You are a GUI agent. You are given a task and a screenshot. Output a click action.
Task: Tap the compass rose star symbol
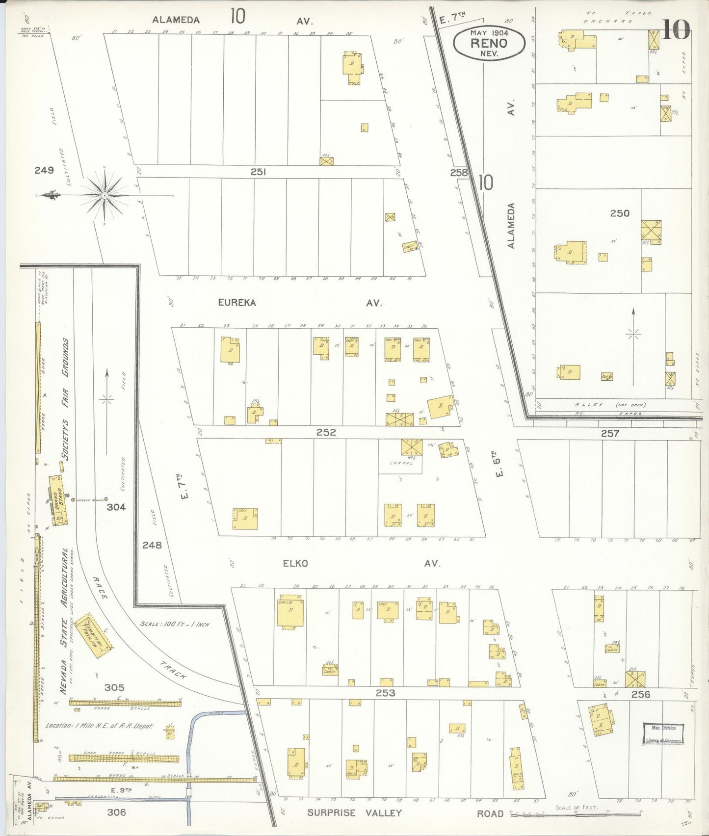(x=105, y=196)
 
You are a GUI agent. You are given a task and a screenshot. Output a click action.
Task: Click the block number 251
(x=258, y=172)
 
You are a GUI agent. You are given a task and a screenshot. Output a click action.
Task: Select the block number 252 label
(x=326, y=432)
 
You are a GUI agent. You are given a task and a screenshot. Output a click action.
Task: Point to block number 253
(x=385, y=693)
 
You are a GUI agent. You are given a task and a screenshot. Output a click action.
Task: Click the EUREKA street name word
(x=237, y=303)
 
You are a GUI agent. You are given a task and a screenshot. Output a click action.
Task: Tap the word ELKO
(x=295, y=563)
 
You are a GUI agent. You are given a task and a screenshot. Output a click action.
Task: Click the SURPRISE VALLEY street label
(x=354, y=813)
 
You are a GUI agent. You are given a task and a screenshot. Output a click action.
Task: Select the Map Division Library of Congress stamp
(x=663, y=734)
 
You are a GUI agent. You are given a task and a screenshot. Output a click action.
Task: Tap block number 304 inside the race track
(x=116, y=507)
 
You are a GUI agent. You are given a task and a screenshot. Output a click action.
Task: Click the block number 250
(x=619, y=213)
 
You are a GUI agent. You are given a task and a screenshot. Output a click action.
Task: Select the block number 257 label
(x=610, y=433)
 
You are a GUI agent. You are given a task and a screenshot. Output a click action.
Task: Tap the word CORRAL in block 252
(x=401, y=463)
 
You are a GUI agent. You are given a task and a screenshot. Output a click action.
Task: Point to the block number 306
(x=116, y=812)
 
